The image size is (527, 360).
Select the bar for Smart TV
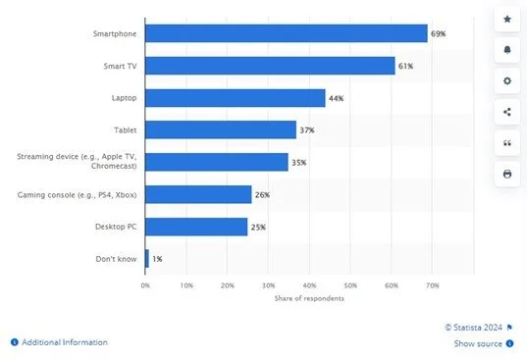(269, 66)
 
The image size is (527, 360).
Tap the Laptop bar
(235, 98)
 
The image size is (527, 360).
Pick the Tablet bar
(220, 129)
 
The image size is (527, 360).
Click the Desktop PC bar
(195, 227)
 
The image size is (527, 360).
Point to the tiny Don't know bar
(147, 259)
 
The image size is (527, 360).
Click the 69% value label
(438, 33)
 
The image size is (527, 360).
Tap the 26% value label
(262, 195)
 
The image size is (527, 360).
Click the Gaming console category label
(79, 195)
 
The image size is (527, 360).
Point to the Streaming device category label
(79, 162)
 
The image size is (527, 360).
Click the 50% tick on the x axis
(350, 285)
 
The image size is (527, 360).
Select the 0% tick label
(145, 285)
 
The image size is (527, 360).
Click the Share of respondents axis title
(309, 297)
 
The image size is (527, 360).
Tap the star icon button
(506, 19)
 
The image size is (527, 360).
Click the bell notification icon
(506, 49)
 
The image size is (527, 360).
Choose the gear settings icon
(506, 80)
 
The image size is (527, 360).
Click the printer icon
(506, 174)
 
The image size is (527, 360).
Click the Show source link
(478, 344)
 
